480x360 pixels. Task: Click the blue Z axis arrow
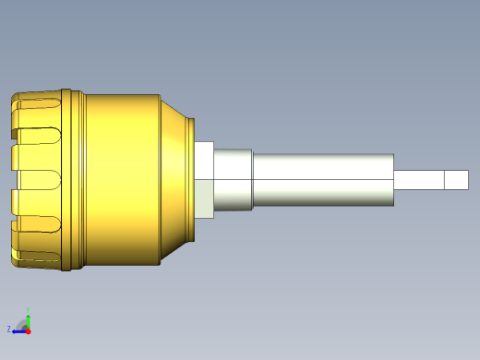(16, 329)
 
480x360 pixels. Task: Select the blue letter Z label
(8, 329)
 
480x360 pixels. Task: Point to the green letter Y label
(29, 309)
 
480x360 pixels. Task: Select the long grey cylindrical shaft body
(323, 179)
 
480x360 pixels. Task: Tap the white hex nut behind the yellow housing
(205, 162)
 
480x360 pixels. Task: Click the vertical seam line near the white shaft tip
(444, 179)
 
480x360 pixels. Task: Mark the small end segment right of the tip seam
(456, 179)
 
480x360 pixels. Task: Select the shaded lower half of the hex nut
(205, 198)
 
